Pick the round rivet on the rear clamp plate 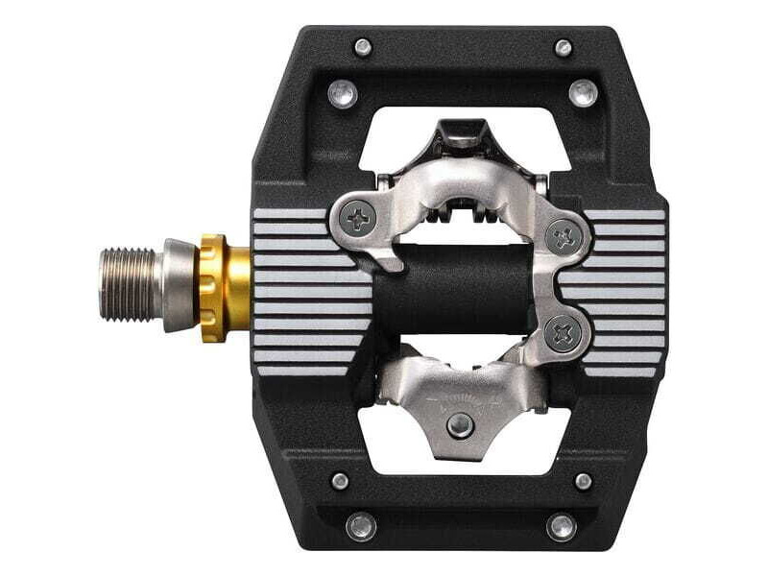pyautogui.click(x=463, y=421)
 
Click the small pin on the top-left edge pyautogui.click(x=362, y=46)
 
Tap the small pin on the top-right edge pyautogui.click(x=564, y=48)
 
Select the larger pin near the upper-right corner pyautogui.click(x=583, y=93)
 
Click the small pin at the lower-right pyautogui.click(x=584, y=481)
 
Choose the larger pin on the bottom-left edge pyautogui.click(x=361, y=527)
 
